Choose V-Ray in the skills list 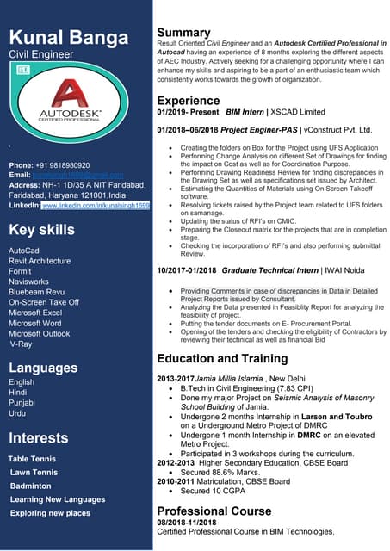pyautogui.click(x=21, y=344)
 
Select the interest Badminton pyautogui.click(x=30, y=486)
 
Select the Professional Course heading pyautogui.click(x=214, y=511)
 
